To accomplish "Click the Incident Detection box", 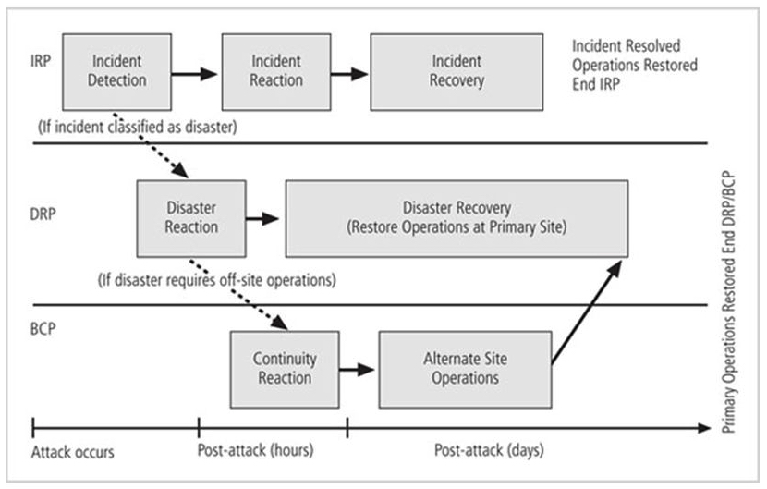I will pyautogui.click(x=117, y=69).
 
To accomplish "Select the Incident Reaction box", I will pyautogui.click(x=276, y=69).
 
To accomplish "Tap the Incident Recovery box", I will pyautogui.click(x=456, y=69).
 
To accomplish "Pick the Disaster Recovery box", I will pyautogui.click(x=457, y=218).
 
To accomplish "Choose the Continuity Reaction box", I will pyautogui.click(x=284, y=367).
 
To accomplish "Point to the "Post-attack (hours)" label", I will pyautogui.click(x=256, y=453).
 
